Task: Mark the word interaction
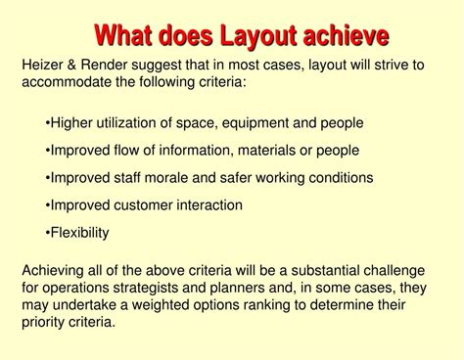coord(235,205)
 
